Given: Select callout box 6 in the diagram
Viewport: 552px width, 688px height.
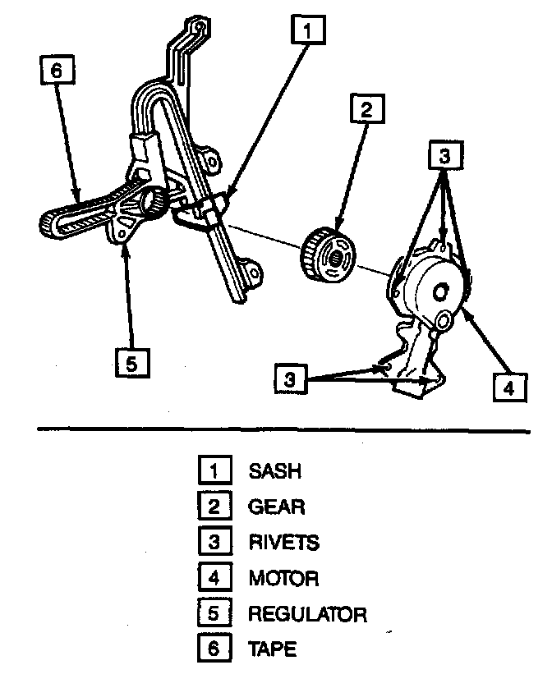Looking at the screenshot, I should tap(56, 72).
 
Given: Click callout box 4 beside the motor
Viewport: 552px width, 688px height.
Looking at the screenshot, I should tap(510, 386).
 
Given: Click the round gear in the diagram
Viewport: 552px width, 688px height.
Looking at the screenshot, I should tap(329, 255).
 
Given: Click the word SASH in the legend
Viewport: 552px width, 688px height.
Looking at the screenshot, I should tap(274, 470).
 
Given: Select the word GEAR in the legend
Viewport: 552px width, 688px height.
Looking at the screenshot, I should tap(276, 507).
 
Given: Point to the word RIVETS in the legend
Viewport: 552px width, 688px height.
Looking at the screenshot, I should tap(283, 542).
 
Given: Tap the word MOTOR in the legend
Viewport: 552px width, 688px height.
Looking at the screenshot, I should tap(283, 578).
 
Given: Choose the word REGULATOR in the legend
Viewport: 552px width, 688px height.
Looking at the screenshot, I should tap(307, 614).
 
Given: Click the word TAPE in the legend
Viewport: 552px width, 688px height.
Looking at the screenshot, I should tap(273, 649).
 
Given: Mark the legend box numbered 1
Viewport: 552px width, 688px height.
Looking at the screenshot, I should tap(213, 470).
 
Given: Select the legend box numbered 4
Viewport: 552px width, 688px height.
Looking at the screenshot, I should tap(213, 578).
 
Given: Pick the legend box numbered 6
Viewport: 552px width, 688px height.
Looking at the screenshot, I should tap(213, 649).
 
